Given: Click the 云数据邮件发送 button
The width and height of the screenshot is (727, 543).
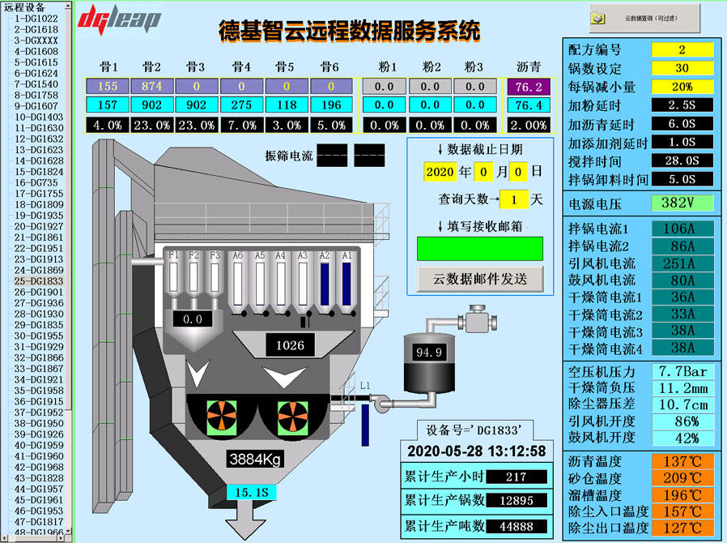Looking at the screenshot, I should coord(479,278).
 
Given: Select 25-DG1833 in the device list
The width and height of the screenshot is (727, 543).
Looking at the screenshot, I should coord(38,280).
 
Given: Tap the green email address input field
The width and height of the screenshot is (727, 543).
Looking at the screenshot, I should coord(479,248).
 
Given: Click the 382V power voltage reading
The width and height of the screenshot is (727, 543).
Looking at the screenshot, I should coord(682,202).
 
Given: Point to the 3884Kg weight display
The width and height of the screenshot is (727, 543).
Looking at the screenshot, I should coord(255,460).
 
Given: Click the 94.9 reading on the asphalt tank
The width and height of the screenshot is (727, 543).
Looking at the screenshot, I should coord(429,353).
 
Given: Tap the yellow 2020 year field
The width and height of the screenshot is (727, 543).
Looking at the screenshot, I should coord(440,172).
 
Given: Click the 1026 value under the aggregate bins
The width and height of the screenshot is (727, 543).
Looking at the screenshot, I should coord(290,345).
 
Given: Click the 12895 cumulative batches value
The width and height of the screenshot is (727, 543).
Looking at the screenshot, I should coord(515,501).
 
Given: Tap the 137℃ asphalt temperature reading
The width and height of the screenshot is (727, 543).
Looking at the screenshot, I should coord(682,461).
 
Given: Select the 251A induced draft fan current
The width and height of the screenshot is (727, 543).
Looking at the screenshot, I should coord(682,263).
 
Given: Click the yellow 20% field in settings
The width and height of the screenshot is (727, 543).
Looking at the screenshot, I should coord(682,86).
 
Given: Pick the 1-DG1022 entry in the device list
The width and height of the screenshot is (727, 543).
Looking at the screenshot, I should coord(36,18).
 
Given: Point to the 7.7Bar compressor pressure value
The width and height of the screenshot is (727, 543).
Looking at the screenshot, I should coord(682,371).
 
